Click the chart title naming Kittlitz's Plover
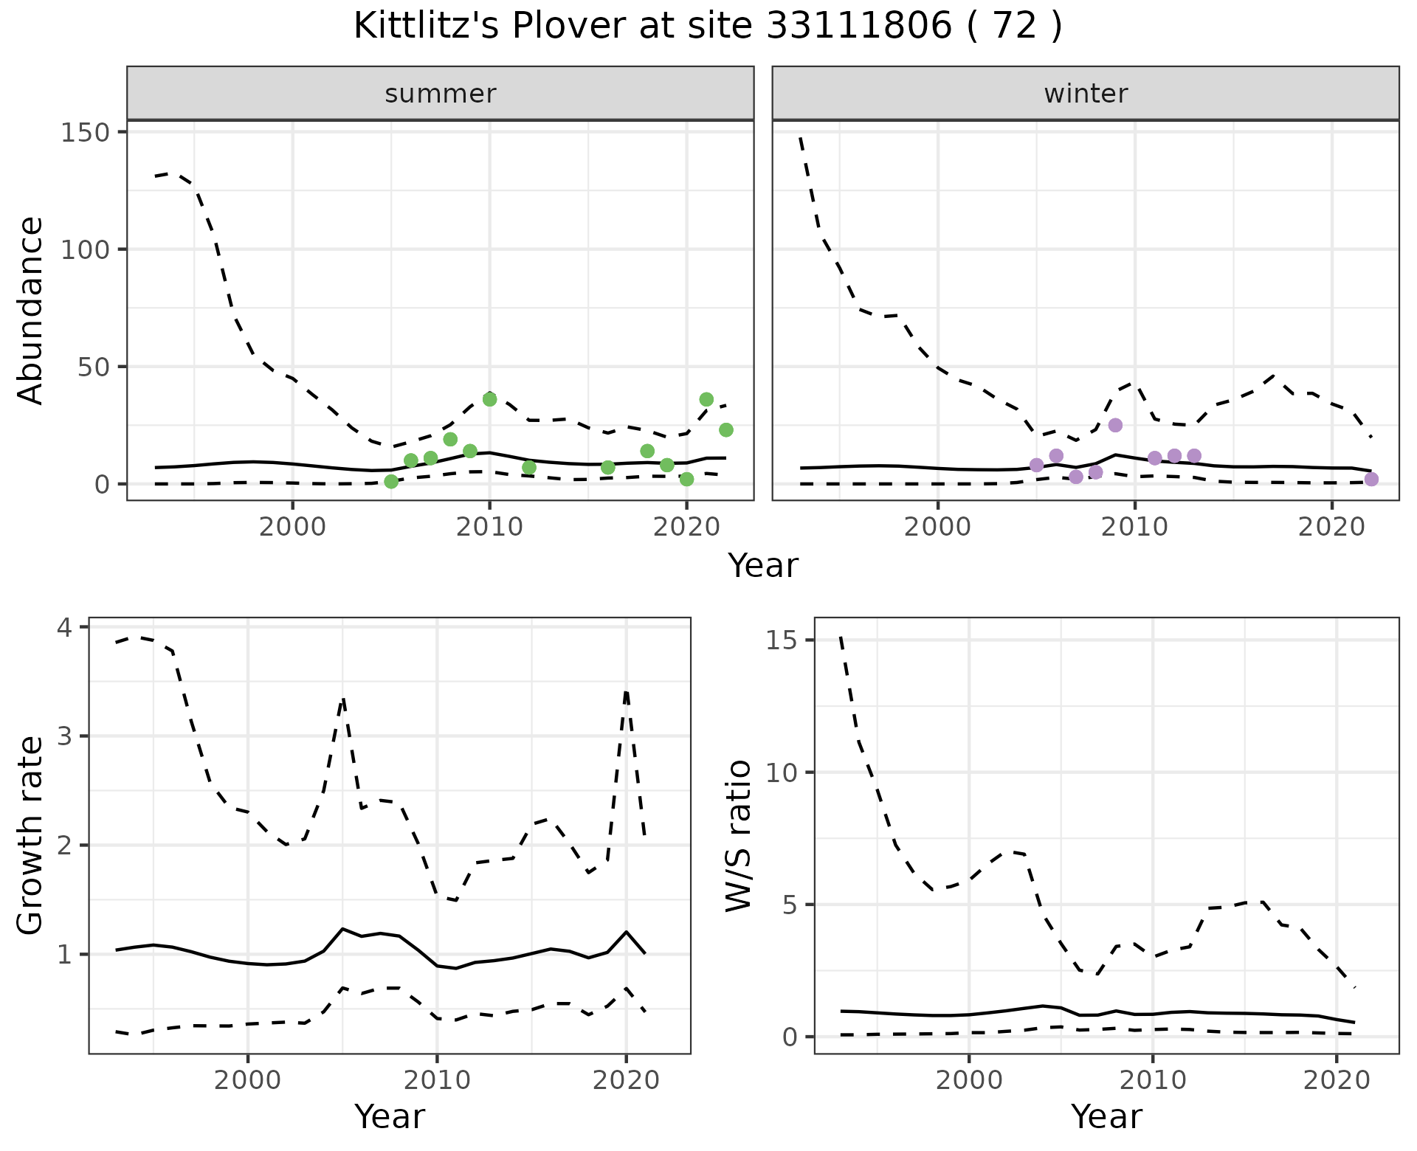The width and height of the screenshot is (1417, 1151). click(x=708, y=27)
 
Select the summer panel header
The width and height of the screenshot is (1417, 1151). click(x=441, y=94)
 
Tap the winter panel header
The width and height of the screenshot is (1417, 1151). click(x=1086, y=94)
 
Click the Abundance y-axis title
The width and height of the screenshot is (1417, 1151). click(x=30, y=311)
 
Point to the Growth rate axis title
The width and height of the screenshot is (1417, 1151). click(x=30, y=835)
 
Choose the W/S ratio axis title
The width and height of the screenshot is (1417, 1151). click(x=739, y=835)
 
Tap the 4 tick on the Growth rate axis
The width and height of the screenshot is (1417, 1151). click(x=65, y=628)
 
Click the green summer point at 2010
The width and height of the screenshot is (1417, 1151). click(x=489, y=399)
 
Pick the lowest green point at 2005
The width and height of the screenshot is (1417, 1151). click(x=391, y=482)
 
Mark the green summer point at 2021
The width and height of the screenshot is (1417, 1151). click(x=706, y=399)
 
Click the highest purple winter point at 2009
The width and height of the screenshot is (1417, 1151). click(x=1115, y=425)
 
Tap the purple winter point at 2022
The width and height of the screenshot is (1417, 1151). click(x=1371, y=480)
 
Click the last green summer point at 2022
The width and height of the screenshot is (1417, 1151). click(x=726, y=429)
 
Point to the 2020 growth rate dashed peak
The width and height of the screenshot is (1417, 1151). click(x=626, y=692)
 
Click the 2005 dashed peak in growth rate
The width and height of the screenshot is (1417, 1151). click(x=343, y=698)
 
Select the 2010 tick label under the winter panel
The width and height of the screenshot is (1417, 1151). click(x=1135, y=528)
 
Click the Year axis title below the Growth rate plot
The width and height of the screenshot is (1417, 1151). click(x=390, y=1117)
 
